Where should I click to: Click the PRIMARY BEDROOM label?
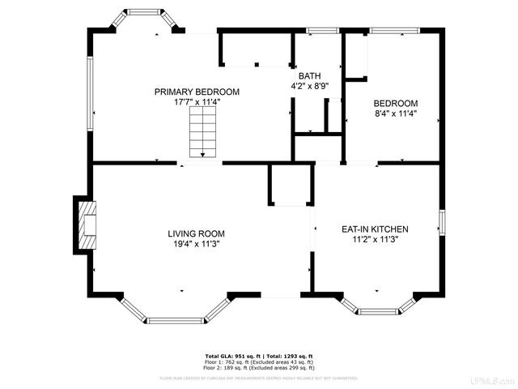197,92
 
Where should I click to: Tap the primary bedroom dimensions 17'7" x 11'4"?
197,102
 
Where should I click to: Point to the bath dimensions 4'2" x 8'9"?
309,85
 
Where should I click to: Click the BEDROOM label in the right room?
395,104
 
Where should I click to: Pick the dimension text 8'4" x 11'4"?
395,114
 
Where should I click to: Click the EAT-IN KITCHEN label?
374,229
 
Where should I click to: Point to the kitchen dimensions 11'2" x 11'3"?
374,240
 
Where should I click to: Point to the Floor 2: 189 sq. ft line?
259,367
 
